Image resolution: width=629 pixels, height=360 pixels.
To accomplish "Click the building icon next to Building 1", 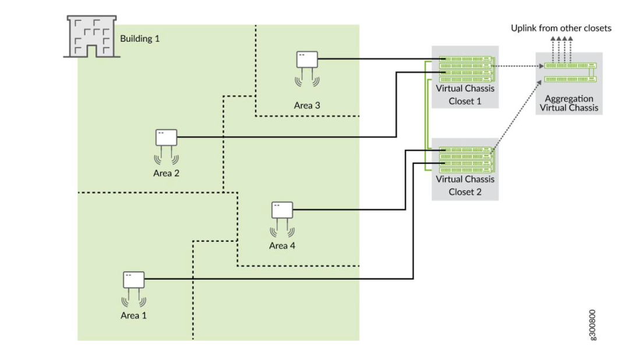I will pyautogui.click(x=91, y=37).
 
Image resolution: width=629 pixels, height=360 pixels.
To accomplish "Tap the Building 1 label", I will pyautogui.click(x=139, y=39).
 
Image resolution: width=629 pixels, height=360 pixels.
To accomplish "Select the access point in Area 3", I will pyautogui.click(x=307, y=59).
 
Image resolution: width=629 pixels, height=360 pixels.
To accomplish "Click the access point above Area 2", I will pyautogui.click(x=166, y=137).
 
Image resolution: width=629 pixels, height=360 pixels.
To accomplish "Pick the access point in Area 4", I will pyautogui.click(x=282, y=210).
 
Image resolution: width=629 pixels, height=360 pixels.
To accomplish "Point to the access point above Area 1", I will pyautogui.click(x=133, y=280).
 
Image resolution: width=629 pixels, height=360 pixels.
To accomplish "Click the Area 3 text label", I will pyautogui.click(x=307, y=105).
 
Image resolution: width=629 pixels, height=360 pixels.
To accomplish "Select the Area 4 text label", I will pyautogui.click(x=282, y=245).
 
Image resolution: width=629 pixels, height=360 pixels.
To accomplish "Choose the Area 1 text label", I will pyautogui.click(x=133, y=315).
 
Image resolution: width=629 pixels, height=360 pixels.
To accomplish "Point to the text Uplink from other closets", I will pyautogui.click(x=561, y=28).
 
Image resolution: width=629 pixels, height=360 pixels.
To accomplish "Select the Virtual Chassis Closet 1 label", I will pyautogui.click(x=465, y=94).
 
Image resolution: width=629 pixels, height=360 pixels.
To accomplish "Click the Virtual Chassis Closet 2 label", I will pyautogui.click(x=465, y=185).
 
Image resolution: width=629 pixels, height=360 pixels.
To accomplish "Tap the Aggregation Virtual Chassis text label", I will pyautogui.click(x=569, y=103).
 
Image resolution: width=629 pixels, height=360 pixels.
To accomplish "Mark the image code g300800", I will pyautogui.click(x=592, y=325).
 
